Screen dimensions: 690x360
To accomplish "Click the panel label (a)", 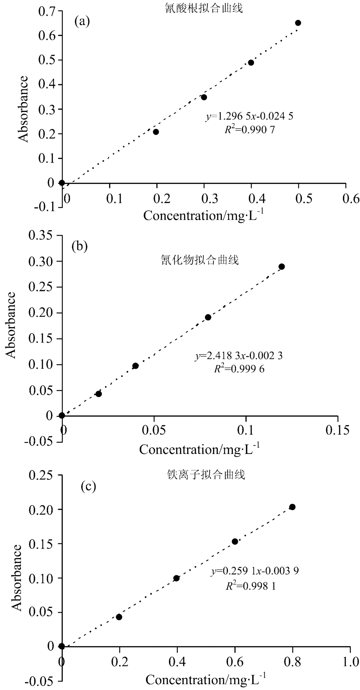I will tap(82, 22).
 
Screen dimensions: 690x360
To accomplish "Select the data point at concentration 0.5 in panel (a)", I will tap(298, 23).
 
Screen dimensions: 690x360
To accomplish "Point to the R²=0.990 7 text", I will tap(250, 130).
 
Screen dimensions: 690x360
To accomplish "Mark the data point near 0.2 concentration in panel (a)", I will tap(156, 132).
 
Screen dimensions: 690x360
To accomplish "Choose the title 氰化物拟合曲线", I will tap(199, 260).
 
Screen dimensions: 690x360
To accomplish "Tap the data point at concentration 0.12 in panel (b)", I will tap(282, 267).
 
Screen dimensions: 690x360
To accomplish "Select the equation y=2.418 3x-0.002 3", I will tap(239, 356).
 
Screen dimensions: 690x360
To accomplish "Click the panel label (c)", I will tap(88, 487).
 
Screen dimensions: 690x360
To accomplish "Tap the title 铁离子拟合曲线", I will tap(204, 475).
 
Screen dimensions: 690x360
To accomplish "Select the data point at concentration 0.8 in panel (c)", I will tap(292, 507).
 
